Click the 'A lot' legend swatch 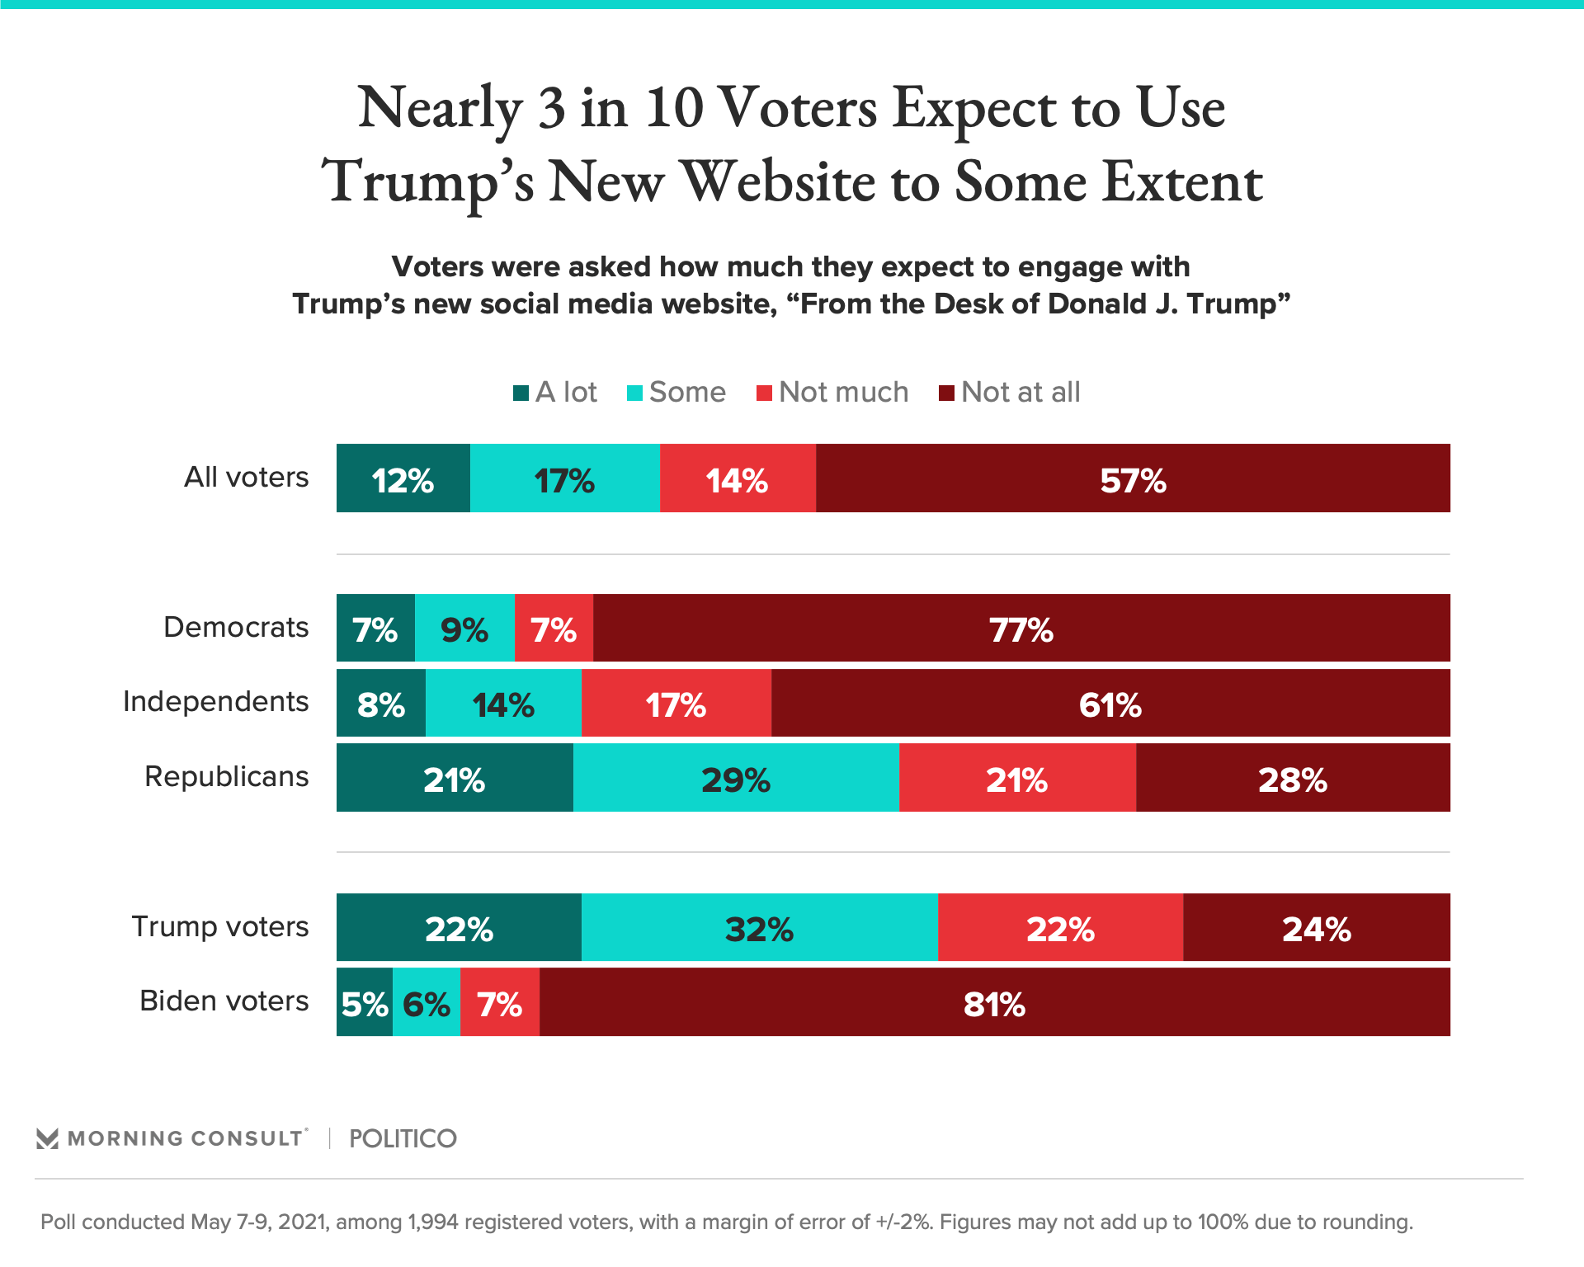521,393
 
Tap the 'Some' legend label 687,392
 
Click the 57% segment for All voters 1133,478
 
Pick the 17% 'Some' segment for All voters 564,478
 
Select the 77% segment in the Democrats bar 1021,628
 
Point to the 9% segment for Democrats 464,628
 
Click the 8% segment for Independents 381,703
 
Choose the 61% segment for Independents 1110,703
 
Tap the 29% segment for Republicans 736,778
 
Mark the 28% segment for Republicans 1293,778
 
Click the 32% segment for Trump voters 759,927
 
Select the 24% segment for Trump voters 1317,927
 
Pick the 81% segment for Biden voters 994,1002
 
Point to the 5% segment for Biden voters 365,1002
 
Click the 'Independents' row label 215,701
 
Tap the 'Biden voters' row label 224,1001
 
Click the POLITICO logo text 403,1138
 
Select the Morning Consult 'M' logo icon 48,1138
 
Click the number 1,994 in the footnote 432,1222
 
